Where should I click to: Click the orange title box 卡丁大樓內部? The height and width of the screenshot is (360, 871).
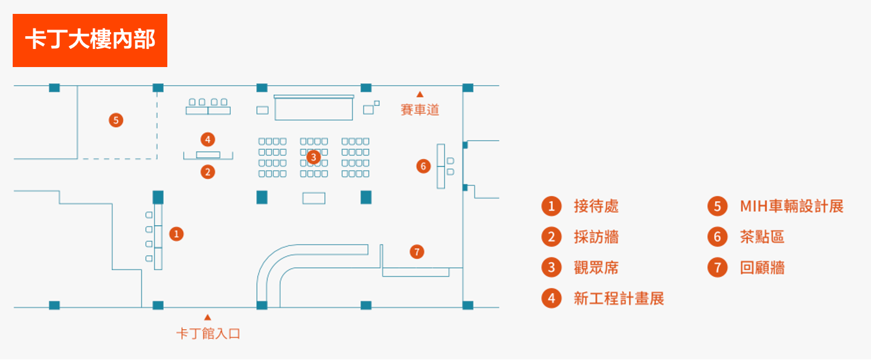pyautogui.click(x=90, y=40)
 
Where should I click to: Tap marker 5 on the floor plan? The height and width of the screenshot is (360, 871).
pyautogui.click(x=116, y=120)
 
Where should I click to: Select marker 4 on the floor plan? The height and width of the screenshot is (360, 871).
pyautogui.click(x=208, y=140)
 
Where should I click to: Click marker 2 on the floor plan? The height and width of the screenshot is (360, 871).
pyautogui.click(x=208, y=172)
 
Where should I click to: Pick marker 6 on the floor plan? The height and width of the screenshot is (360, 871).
pyautogui.click(x=423, y=166)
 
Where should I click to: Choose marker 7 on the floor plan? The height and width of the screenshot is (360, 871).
pyautogui.click(x=417, y=252)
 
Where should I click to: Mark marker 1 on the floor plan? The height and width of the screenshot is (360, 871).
pyautogui.click(x=176, y=234)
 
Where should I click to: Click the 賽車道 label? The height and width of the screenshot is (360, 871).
pyautogui.click(x=420, y=110)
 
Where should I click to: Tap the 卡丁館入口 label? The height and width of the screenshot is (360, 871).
pyautogui.click(x=208, y=333)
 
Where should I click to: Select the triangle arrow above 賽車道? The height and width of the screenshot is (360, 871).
pyautogui.click(x=420, y=94)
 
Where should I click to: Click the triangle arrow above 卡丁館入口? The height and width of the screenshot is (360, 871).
pyautogui.click(x=208, y=317)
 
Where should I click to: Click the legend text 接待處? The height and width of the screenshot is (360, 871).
pyautogui.click(x=596, y=206)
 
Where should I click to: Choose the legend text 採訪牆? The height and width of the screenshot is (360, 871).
pyautogui.click(x=596, y=237)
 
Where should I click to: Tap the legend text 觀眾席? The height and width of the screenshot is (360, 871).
pyautogui.click(x=596, y=268)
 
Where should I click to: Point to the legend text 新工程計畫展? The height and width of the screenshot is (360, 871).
pyautogui.click(x=619, y=298)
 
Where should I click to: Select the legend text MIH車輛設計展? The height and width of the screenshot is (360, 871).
pyautogui.click(x=791, y=206)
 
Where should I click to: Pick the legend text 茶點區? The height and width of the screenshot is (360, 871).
pyautogui.click(x=762, y=237)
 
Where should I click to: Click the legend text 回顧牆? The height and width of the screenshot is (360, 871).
pyautogui.click(x=762, y=268)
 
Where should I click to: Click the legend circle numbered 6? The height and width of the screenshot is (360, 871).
pyautogui.click(x=718, y=237)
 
